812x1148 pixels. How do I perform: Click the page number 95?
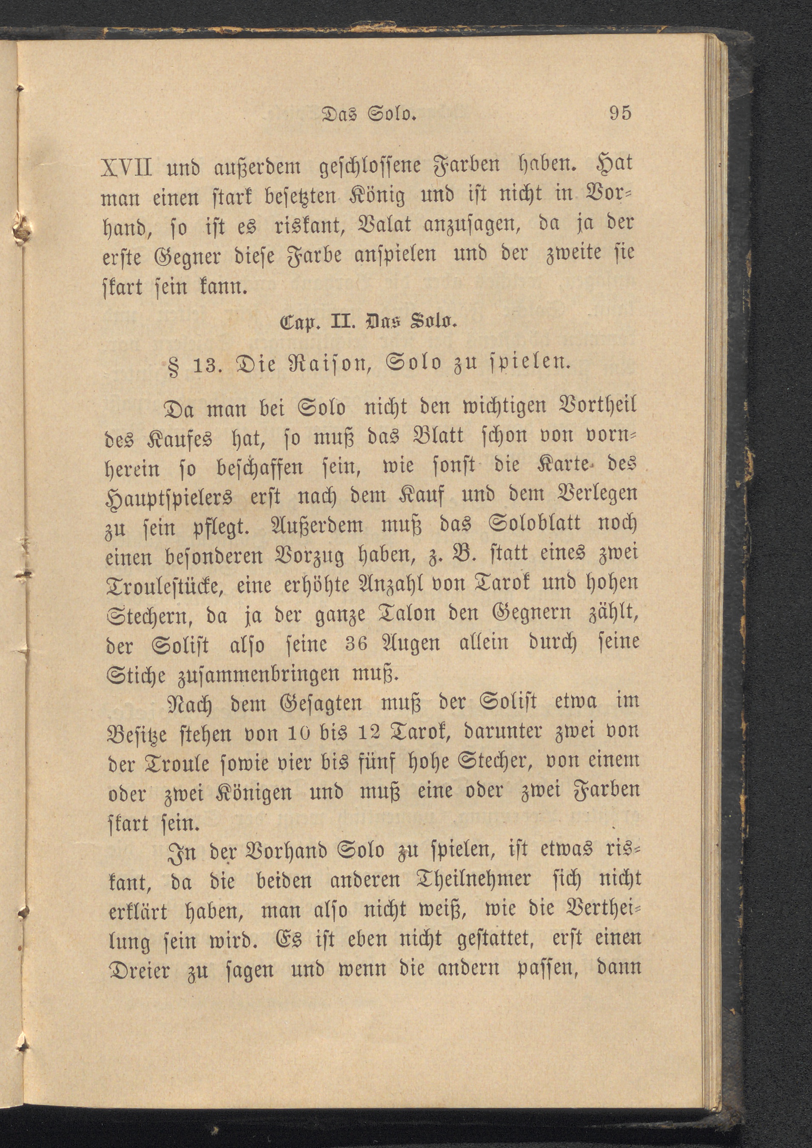coord(621,113)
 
